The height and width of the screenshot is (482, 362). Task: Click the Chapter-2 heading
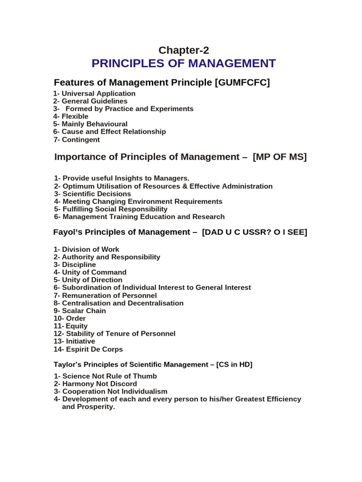[x=183, y=50]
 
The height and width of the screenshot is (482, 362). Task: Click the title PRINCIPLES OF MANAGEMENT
[x=183, y=64]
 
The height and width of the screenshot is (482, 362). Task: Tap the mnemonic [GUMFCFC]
[x=242, y=83]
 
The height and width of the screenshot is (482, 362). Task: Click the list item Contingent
[x=80, y=139]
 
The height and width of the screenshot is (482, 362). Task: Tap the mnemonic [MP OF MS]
[x=280, y=157]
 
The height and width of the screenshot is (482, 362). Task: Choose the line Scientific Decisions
[x=96, y=194]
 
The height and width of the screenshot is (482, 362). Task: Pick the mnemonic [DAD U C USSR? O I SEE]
[x=254, y=232]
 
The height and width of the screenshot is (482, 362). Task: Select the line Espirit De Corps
[x=92, y=349]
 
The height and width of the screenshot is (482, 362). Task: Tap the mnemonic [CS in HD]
[x=234, y=365]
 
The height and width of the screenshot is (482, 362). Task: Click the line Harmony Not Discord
[x=99, y=384]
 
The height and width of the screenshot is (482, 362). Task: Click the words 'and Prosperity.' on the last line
[x=89, y=407]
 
